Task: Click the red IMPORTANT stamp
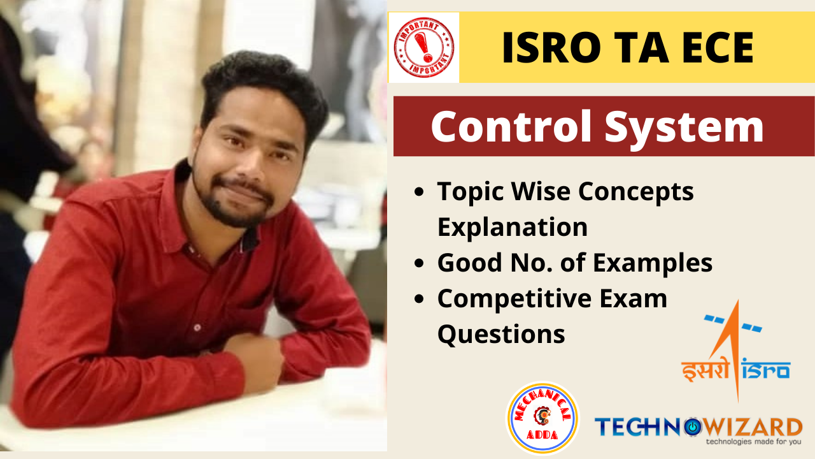[424, 47]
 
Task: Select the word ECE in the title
[718, 48]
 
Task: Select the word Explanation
[513, 228]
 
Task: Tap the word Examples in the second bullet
[653, 263]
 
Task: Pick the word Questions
[501, 334]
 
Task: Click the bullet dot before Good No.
[419, 263]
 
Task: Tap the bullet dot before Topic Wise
[419, 192]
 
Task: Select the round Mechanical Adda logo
[543, 418]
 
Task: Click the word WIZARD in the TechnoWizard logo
[752, 427]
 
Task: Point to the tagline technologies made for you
[753, 442]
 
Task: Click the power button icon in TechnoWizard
[691, 427]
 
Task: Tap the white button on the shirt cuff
[197, 328]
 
